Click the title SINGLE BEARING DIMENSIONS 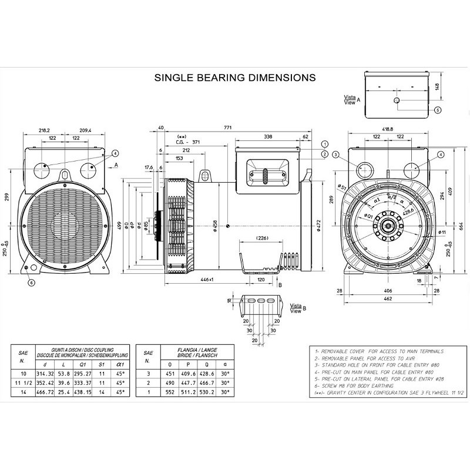tap(234, 77)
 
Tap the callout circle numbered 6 tap(32, 282)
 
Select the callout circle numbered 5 tap(437, 110)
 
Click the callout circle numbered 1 tap(325, 144)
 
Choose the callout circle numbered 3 tap(335, 155)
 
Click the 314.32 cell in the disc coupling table tap(45, 372)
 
